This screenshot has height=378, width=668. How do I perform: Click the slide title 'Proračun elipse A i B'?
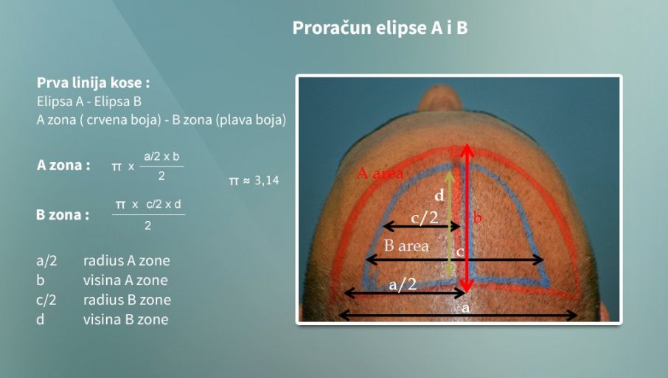pyautogui.click(x=380, y=28)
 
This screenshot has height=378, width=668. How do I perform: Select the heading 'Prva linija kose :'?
pyautogui.click(x=94, y=83)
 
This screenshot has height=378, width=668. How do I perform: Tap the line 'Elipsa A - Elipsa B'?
pyautogui.click(x=89, y=101)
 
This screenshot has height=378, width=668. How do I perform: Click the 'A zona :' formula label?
pyautogui.click(x=63, y=165)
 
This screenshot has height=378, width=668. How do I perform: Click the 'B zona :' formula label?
pyautogui.click(x=63, y=214)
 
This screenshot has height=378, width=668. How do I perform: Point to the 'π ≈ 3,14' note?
pyautogui.click(x=254, y=181)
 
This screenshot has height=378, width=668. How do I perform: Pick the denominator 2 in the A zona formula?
pyautogui.click(x=161, y=176)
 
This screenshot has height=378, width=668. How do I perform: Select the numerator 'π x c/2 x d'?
pyautogui.click(x=148, y=204)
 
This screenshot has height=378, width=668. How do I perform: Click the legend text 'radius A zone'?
pyautogui.click(x=127, y=261)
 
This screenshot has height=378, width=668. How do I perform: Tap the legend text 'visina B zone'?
pyautogui.click(x=125, y=319)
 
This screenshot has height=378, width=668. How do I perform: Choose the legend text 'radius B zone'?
pyautogui.click(x=127, y=300)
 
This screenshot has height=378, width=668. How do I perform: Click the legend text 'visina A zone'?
pyautogui.click(x=125, y=280)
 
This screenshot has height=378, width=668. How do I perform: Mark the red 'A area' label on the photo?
pyautogui.click(x=380, y=173)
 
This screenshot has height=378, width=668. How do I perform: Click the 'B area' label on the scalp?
pyautogui.click(x=406, y=246)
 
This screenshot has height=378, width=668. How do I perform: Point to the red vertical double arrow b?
pyautogui.click(x=467, y=218)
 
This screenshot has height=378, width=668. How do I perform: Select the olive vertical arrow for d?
pyautogui.click(x=450, y=224)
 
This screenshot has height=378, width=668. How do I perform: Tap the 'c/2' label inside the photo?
pyautogui.click(x=424, y=217)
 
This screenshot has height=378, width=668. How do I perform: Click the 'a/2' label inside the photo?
pyautogui.click(x=403, y=284)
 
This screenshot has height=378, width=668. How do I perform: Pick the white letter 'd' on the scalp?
pyautogui.click(x=439, y=195)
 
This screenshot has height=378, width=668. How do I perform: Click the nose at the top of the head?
pyautogui.click(x=440, y=98)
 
